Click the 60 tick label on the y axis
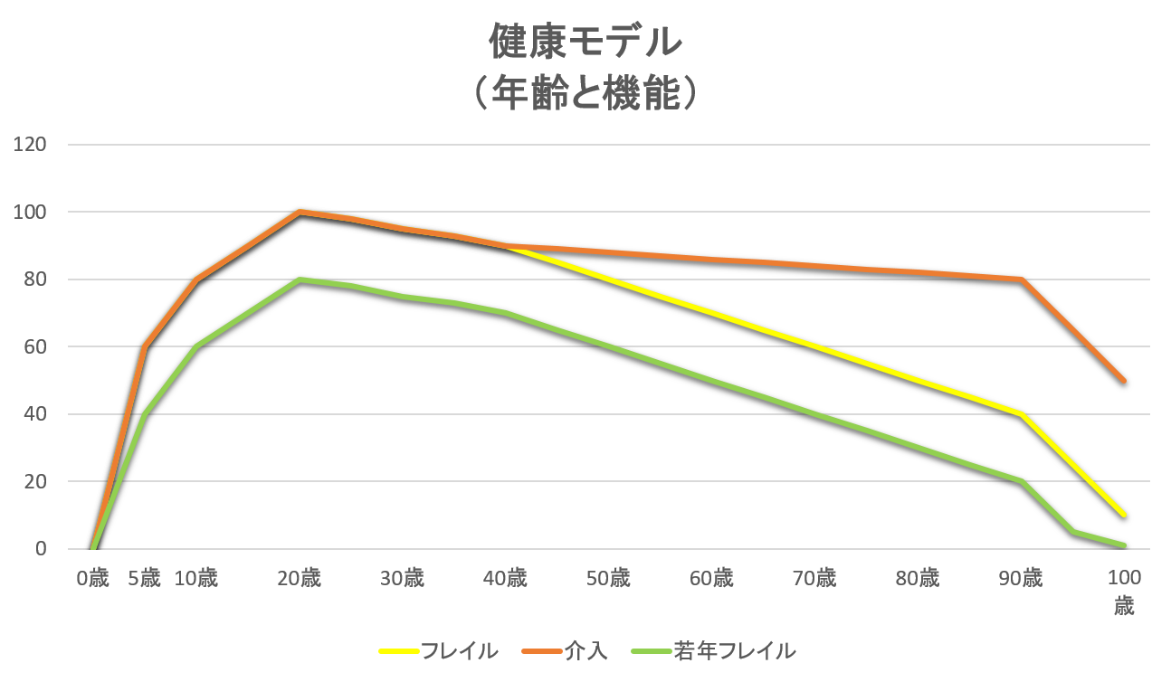tap(33, 347)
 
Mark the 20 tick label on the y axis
tap(33, 482)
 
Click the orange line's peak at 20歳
tap(299, 212)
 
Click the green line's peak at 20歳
tap(299, 279)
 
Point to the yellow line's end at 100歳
tap(1123, 515)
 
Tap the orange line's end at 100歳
tap(1123, 381)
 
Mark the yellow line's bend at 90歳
tap(1021, 414)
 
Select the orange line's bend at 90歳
tap(1021, 279)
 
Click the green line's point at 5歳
tap(144, 414)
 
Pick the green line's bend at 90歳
tap(1021, 481)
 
